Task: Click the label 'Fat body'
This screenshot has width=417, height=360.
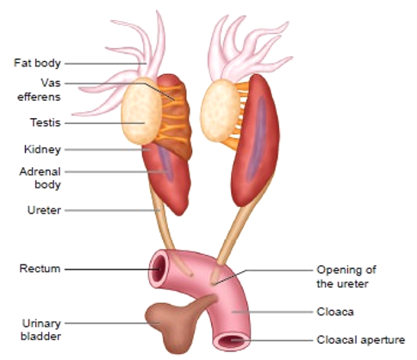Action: point(37,63)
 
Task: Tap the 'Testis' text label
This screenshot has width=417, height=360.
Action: point(46,122)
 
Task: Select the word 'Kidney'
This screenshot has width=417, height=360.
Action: point(42,149)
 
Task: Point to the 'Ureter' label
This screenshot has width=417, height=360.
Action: point(44,210)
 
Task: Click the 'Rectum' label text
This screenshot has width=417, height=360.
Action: point(40,269)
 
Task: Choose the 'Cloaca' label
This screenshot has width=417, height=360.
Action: point(335,312)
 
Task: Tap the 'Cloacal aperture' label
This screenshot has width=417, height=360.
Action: point(361,340)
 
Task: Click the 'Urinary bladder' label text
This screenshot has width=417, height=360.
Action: point(40,330)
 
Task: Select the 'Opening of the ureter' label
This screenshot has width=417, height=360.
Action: point(346,276)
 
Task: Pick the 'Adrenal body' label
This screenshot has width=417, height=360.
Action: point(40,178)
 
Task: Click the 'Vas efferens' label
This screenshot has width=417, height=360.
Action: point(40,90)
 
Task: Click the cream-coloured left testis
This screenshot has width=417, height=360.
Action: point(141,111)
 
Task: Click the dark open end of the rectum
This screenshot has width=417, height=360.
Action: point(159,268)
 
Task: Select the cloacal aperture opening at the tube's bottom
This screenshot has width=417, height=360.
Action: point(232,341)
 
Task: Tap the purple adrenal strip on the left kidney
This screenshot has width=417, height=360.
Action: point(166,163)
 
